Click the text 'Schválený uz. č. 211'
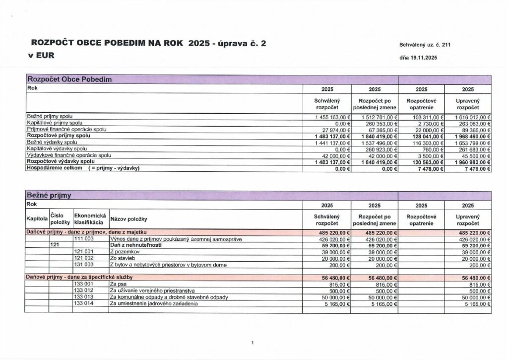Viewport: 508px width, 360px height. (424, 45)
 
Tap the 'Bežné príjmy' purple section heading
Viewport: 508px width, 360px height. (49, 196)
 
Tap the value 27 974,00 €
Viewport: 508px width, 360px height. (336, 129)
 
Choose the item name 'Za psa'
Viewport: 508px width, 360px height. (117, 285)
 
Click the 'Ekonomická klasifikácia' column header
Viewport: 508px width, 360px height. (90, 219)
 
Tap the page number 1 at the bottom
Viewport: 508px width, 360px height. (253, 343)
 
